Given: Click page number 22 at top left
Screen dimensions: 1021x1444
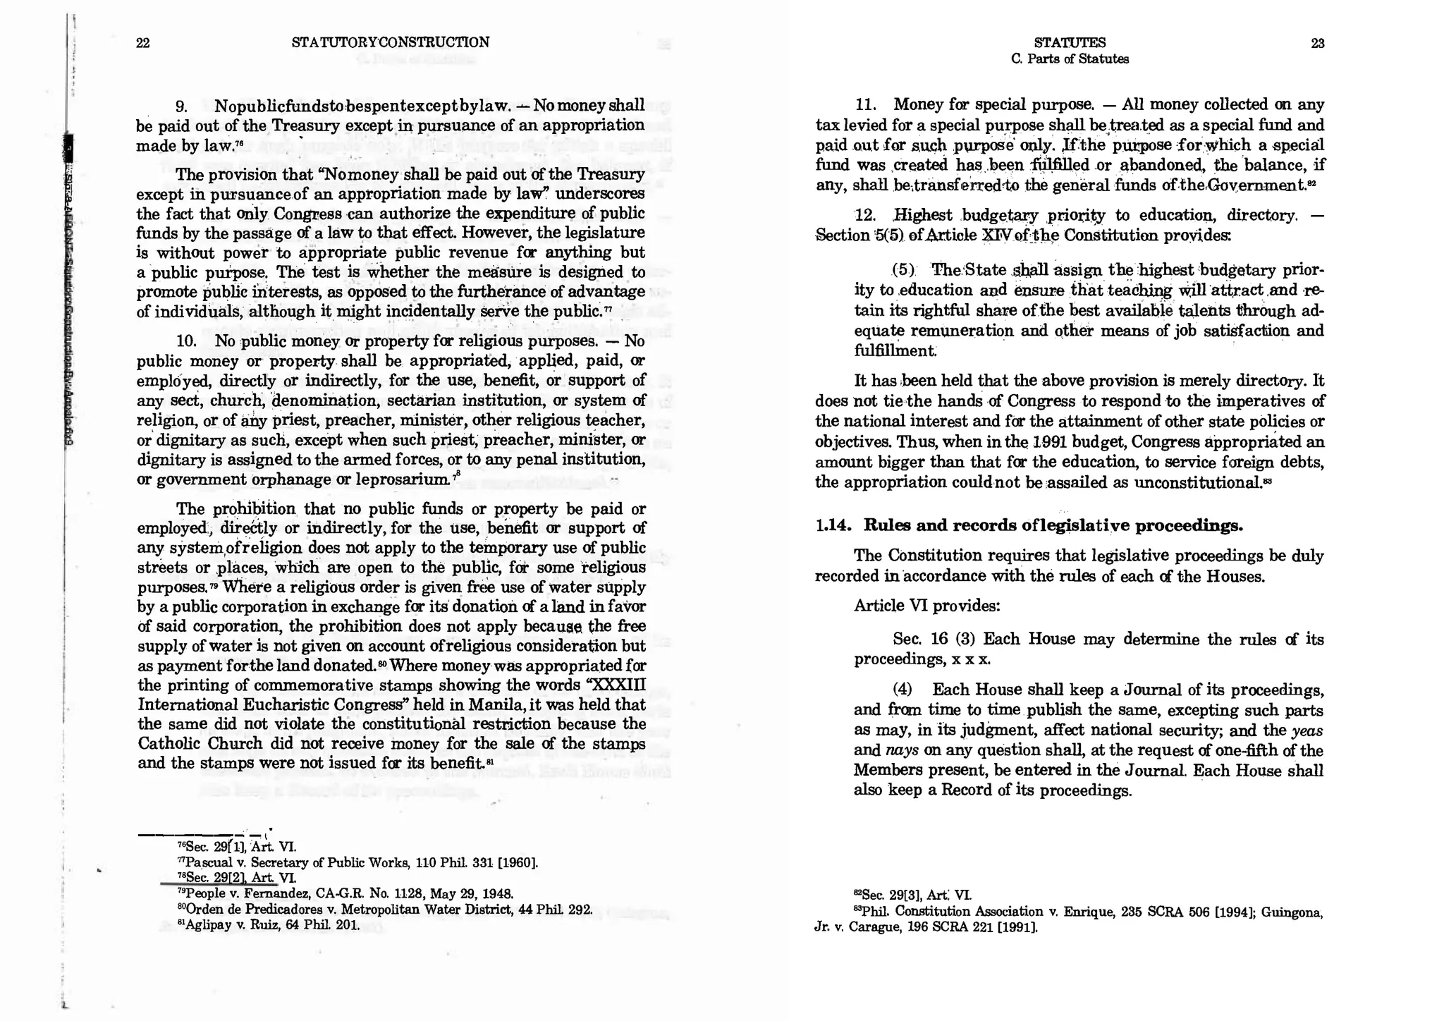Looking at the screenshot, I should coord(142,43).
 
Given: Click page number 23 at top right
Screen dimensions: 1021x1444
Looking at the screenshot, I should coord(1317,44).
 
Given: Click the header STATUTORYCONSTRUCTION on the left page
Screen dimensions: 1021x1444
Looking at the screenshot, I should coord(390,42).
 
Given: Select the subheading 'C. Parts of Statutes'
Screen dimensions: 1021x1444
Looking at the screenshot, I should coord(1069,59).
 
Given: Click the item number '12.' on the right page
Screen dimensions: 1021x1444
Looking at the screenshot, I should coord(864,215).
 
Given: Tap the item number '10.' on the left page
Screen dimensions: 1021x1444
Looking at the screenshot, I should coord(186,341).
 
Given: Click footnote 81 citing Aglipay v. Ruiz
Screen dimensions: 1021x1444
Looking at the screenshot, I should coord(268,925).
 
